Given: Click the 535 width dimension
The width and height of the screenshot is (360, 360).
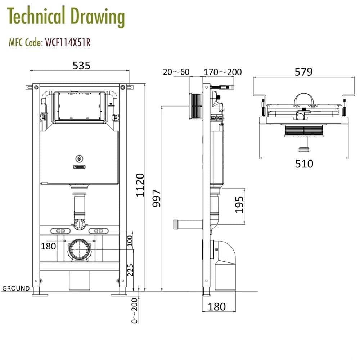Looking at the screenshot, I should [81, 65].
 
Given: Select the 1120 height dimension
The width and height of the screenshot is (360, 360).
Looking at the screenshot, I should [140, 185].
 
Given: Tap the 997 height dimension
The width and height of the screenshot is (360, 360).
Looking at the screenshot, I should [157, 198].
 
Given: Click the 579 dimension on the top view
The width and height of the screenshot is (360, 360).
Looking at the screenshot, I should [303, 72].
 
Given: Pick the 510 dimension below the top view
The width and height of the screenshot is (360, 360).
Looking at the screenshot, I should [304, 164].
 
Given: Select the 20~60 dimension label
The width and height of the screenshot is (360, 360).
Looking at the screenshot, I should [176, 72].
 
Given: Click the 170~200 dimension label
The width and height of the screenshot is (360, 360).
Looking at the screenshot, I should [222, 72].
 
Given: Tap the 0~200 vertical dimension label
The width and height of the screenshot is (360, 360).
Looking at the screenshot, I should [134, 311].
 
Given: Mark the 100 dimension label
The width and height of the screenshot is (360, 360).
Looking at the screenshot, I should [130, 239].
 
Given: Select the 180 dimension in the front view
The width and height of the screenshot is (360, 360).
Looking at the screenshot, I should [48, 246].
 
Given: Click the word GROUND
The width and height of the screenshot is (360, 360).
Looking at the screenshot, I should [16, 288].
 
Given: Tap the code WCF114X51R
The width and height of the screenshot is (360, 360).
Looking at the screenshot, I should [67, 43].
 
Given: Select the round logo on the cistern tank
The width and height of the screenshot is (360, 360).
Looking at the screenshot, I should [79, 158].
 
